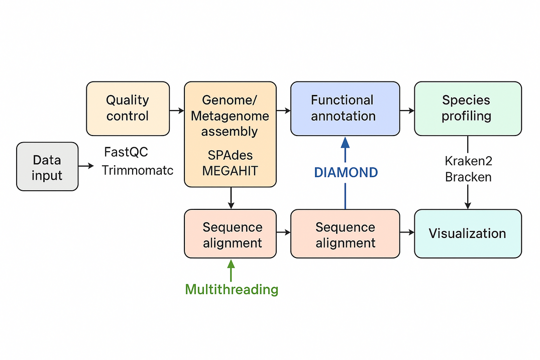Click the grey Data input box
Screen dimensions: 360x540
[x=47, y=167]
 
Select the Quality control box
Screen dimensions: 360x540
[x=128, y=108]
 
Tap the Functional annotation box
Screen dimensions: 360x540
[x=345, y=108]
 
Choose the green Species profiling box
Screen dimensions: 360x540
[x=468, y=108]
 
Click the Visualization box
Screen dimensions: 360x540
[x=468, y=233]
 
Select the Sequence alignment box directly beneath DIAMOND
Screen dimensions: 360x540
[x=345, y=233]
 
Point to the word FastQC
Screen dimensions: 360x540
[x=126, y=152]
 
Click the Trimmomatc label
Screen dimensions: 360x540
[x=138, y=170]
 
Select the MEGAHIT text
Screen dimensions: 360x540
[x=230, y=171]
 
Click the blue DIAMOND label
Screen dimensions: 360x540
[x=346, y=173]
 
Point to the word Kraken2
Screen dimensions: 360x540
[x=468, y=161]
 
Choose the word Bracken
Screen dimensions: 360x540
[x=468, y=177]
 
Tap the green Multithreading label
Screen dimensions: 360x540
[x=232, y=289]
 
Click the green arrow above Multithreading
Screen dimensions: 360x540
[x=231, y=270]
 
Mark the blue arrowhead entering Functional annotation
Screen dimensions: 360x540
[x=345, y=142]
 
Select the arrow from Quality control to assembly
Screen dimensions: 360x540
[x=177, y=109]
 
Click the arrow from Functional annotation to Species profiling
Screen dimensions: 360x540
[x=407, y=109]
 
